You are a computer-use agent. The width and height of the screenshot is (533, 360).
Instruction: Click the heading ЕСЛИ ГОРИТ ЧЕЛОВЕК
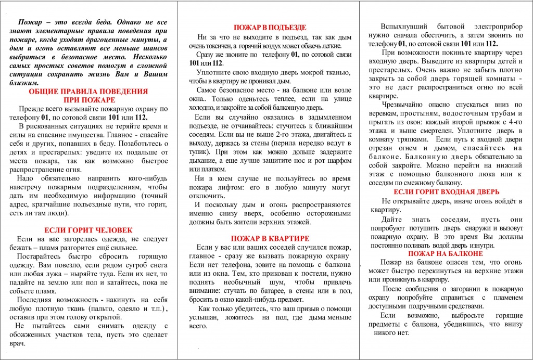(88, 229)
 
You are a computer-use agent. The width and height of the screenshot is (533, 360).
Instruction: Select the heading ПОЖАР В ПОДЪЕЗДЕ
(270, 27)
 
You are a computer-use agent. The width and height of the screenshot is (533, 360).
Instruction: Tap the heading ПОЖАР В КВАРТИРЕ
(270, 238)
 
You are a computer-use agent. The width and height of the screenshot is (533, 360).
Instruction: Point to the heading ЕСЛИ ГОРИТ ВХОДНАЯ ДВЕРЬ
(446, 191)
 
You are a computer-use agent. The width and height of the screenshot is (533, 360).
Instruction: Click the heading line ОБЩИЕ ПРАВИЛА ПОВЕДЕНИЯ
(88, 91)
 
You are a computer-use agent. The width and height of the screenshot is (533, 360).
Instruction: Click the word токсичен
(221, 46)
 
